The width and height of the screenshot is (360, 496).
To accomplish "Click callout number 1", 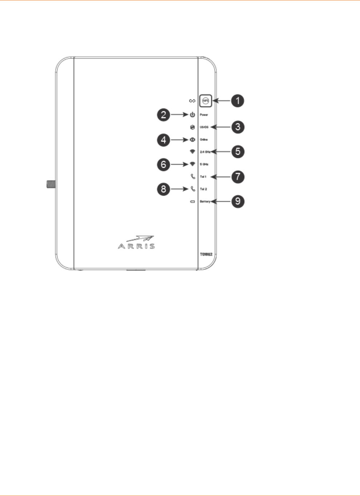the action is (x=238, y=100).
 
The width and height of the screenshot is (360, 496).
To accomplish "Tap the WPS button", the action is (x=205, y=101).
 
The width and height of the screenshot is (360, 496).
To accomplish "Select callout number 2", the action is (x=164, y=115).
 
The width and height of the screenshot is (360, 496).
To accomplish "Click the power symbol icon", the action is (x=192, y=115).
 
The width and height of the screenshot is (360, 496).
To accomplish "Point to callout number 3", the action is (x=238, y=127).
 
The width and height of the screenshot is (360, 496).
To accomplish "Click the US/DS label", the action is (x=204, y=127).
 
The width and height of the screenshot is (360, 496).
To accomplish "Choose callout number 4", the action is (x=164, y=140).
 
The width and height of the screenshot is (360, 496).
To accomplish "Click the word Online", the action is (x=204, y=140).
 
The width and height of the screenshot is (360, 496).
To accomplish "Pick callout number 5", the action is (x=238, y=151).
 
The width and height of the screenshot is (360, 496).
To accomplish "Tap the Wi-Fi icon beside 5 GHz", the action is (x=192, y=164).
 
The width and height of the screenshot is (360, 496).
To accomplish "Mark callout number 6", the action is (x=164, y=164).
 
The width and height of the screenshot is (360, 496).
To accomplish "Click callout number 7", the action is (x=238, y=177).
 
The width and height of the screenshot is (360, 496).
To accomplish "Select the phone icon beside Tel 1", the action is (x=193, y=177).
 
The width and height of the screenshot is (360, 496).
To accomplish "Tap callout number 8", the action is (x=164, y=189).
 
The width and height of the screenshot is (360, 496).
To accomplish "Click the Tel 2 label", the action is (x=203, y=189).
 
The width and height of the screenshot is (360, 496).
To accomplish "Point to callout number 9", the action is (x=238, y=201).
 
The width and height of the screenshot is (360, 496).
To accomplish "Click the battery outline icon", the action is (x=193, y=202).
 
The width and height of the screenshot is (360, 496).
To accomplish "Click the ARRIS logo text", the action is (x=136, y=246).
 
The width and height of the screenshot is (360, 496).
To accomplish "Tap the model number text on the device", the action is (x=206, y=254).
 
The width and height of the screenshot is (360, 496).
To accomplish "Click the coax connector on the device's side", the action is (x=51, y=184).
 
